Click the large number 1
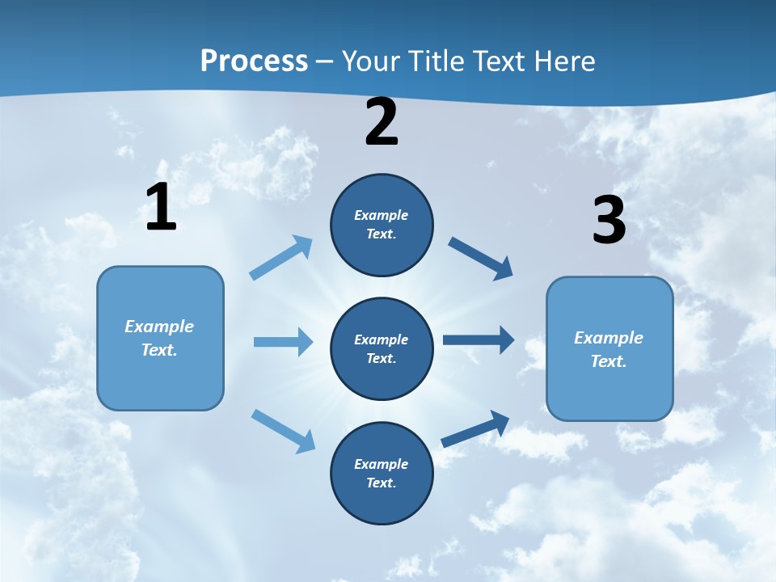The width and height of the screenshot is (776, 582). [161, 207]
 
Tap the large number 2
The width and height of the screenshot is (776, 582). [382, 122]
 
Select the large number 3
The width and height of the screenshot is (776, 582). [609, 220]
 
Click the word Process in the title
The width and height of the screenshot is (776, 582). [254, 61]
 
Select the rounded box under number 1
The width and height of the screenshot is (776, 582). [160, 338]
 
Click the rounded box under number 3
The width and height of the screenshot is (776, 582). [609, 348]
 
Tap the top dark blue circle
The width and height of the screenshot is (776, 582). [382, 225]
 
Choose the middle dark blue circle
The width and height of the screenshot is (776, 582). [382, 348]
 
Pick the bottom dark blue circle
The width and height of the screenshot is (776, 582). [382, 473]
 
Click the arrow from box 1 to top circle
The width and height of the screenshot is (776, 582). [281, 258]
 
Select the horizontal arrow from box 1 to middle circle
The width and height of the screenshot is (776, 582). [283, 342]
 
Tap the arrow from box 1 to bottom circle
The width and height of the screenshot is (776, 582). [283, 431]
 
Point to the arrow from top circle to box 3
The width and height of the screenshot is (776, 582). [481, 258]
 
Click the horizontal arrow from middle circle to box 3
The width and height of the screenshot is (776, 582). [478, 339]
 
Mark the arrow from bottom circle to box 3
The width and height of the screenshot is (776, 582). [475, 428]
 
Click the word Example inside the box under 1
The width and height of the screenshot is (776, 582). [159, 327]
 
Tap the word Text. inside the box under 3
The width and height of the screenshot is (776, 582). [609, 361]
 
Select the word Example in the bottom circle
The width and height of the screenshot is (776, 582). [381, 464]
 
